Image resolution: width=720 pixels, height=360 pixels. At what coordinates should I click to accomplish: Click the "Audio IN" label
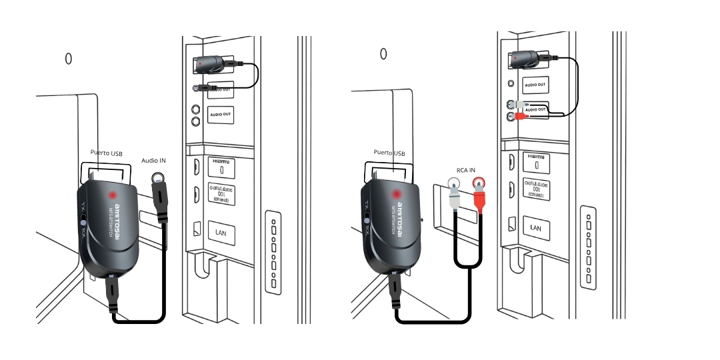pos(154,160)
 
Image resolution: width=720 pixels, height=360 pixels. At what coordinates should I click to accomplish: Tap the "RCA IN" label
pos(465,171)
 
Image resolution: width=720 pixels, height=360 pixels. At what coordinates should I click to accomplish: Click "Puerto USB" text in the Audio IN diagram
pos(106,153)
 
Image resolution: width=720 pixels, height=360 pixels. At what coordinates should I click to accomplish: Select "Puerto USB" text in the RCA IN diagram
pos(389,153)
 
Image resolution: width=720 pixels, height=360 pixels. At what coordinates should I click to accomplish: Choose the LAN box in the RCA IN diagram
pos(535,227)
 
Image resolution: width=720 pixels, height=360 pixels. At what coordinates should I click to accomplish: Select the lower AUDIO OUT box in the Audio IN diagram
pos(220,115)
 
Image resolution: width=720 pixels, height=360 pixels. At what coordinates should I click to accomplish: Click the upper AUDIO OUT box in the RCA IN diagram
pos(535,85)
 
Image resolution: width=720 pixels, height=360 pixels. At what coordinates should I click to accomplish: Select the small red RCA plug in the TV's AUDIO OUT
pos(519,117)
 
